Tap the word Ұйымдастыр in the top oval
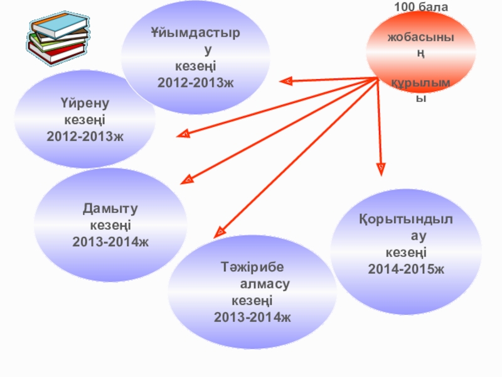coord(195,33)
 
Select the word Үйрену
coord(85,104)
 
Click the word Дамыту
coord(110,209)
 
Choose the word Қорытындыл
coord(405,221)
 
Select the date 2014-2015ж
coord(405,269)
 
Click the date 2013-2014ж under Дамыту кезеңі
coord(110,241)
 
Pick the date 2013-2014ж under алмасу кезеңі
coord(252,316)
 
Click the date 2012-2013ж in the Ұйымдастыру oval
coord(195,82)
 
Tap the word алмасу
coord(264,285)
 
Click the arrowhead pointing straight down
coord(380,168)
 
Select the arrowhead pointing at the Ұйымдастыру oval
coord(286,80)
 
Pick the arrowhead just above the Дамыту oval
coord(186,180)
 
